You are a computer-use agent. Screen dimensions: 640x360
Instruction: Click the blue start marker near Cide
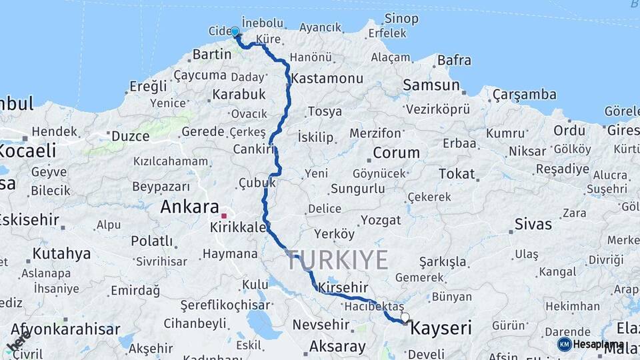(x=235, y=31)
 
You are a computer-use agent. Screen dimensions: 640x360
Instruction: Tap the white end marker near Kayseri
(x=405, y=317)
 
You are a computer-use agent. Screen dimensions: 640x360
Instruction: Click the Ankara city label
(x=189, y=207)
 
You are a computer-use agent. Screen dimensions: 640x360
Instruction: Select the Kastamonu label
(x=327, y=78)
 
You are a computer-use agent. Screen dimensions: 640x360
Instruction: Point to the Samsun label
(x=431, y=85)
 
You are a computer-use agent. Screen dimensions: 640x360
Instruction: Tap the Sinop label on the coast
(x=402, y=19)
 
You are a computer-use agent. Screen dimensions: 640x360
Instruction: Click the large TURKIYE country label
(x=337, y=260)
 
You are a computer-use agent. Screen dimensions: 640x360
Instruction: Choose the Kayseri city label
(x=441, y=328)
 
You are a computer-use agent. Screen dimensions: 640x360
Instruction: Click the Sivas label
(x=533, y=224)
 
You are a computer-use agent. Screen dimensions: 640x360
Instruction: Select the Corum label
(x=396, y=153)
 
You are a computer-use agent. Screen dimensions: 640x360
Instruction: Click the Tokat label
(x=457, y=174)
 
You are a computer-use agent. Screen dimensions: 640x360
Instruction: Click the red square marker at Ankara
(x=225, y=215)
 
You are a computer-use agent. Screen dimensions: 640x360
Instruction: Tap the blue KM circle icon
(x=564, y=344)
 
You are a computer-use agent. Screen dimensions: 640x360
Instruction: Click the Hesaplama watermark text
(x=598, y=344)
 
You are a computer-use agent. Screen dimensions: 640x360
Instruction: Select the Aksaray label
(x=337, y=347)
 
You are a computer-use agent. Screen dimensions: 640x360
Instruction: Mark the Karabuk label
(x=239, y=94)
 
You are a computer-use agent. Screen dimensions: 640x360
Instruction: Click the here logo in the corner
(x=18, y=342)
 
